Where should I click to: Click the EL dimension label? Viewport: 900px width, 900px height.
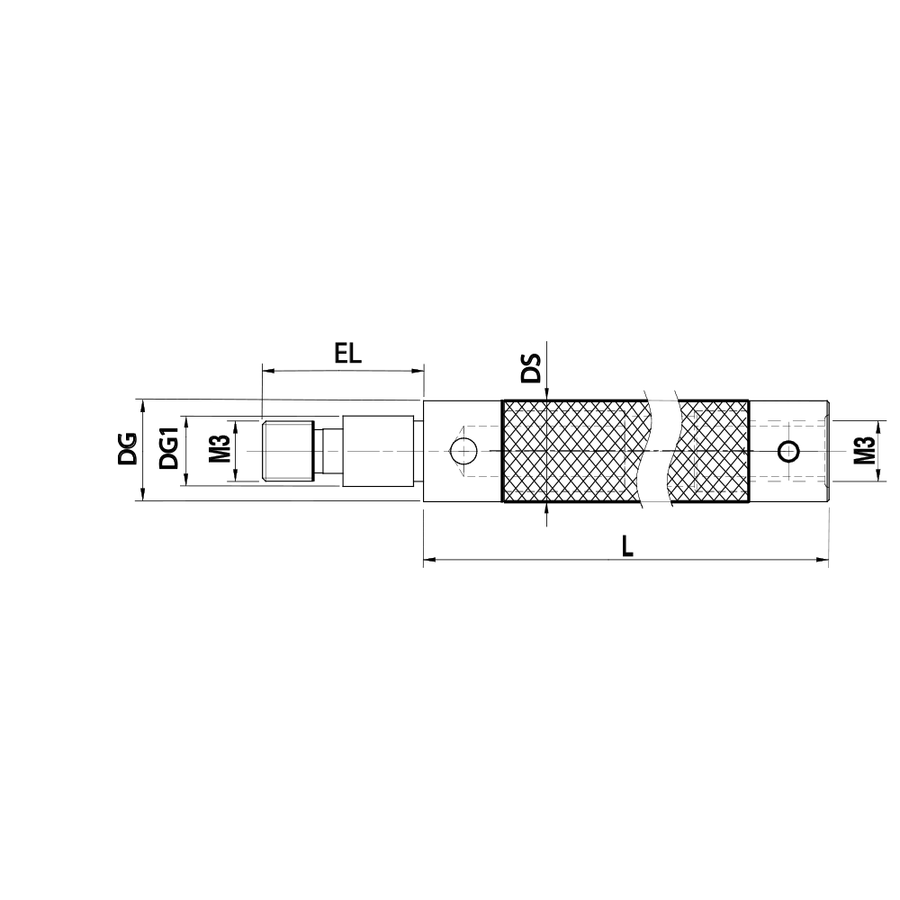point(348,354)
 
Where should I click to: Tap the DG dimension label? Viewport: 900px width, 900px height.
point(128,449)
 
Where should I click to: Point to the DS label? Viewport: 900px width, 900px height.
point(531,368)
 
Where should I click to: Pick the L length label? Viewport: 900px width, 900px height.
point(628,547)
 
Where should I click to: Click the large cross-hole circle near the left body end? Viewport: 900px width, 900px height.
point(463,451)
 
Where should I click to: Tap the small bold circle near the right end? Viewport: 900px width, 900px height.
point(789,452)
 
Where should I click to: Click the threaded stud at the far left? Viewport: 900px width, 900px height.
point(288,451)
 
